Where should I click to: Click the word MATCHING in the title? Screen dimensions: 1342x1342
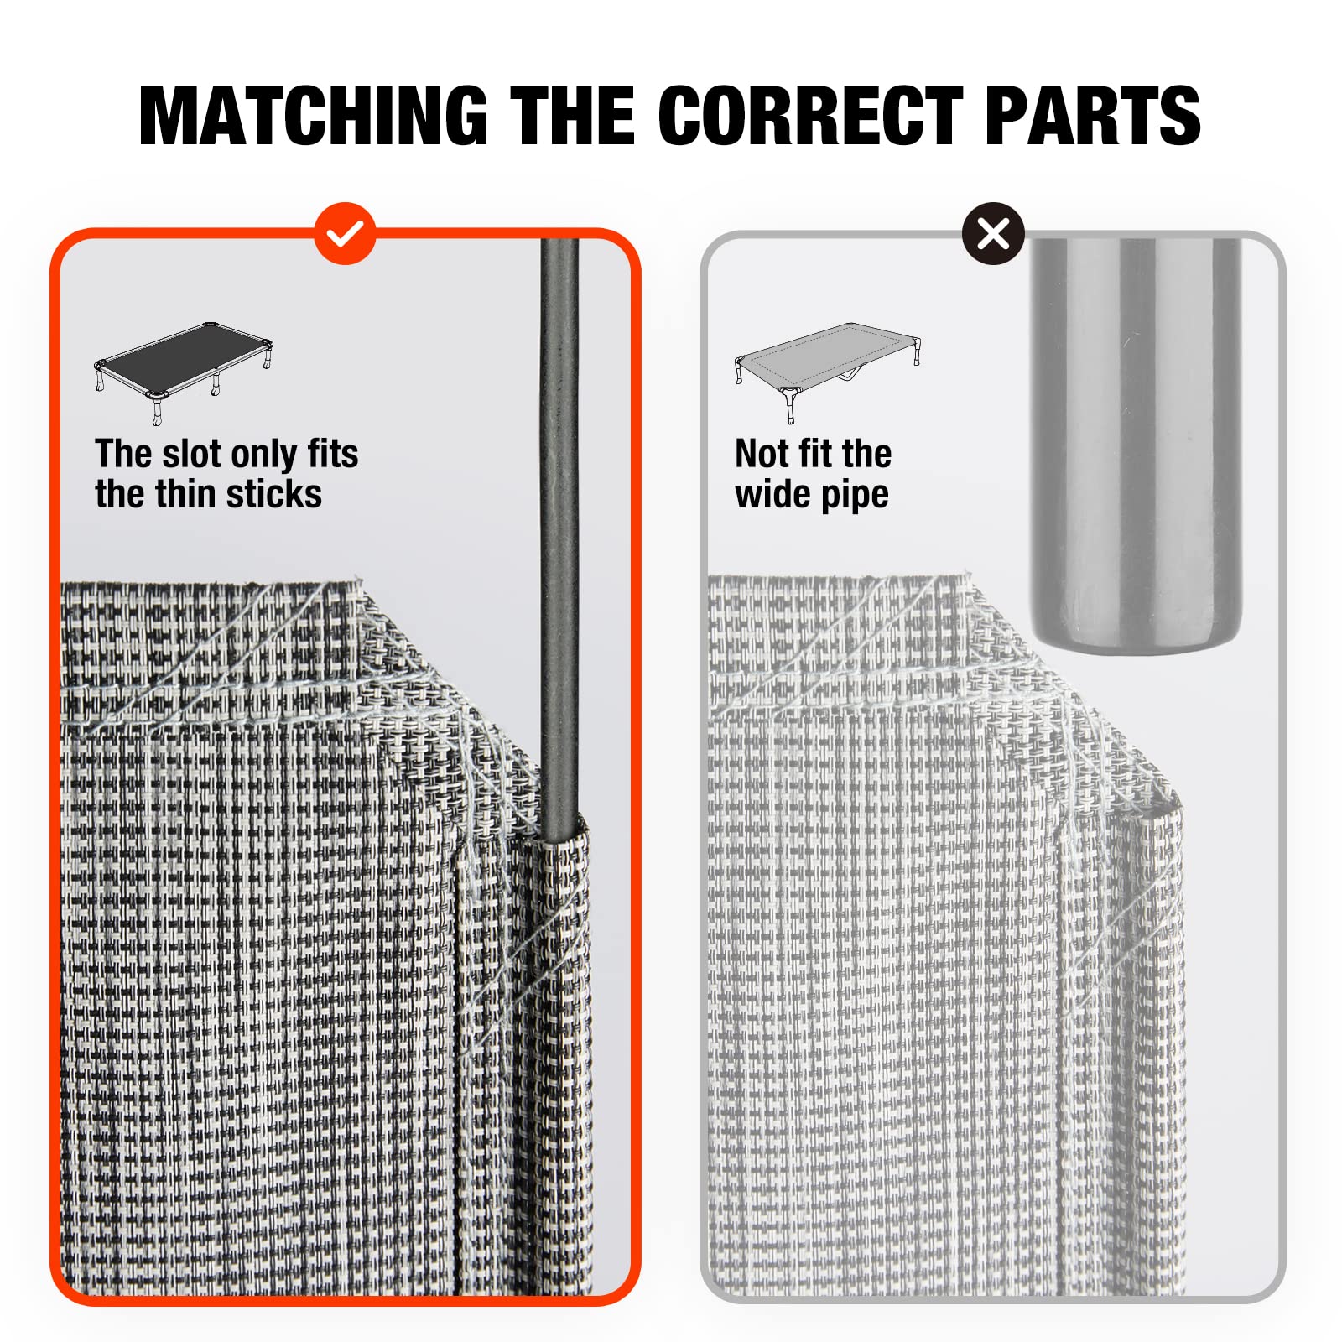[x=314, y=116]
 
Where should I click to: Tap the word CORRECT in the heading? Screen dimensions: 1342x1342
[x=812, y=116]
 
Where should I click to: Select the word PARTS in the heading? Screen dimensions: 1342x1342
[x=1093, y=116]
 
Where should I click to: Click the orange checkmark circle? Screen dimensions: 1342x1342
[x=344, y=234]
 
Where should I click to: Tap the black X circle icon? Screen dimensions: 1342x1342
[x=993, y=234]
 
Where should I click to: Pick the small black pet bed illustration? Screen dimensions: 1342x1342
[x=184, y=372]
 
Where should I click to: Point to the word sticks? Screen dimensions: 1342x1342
[x=273, y=494]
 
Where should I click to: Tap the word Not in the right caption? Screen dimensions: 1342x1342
[x=761, y=454]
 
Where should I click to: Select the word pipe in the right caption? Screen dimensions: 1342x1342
[x=856, y=496]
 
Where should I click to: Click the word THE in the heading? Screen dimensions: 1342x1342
[x=573, y=116]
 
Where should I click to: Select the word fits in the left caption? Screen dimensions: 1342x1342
[x=333, y=454]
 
